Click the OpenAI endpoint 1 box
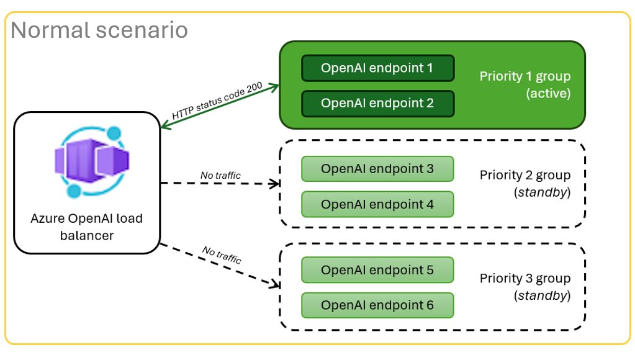pyautogui.click(x=377, y=68)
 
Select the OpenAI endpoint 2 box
pyautogui.click(x=377, y=104)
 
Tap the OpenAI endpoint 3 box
pyautogui.click(x=377, y=169)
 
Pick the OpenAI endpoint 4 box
pyautogui.click(x=377, y=204)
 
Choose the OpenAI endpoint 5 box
pyautogui.click(x=377, y=270)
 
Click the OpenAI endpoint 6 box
pyautogui.click(x=377, y=305)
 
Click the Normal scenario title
pyautogui.click(x=99, y=29)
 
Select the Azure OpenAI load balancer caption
pyautogui.click(x=86, y=227)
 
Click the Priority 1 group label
pyautogui.click(x=525, y=76)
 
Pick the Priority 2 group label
pyautogui.click(x=525, y=175)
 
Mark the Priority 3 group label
pyautogui.click(x=525, y=278)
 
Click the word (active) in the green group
pyautogui.click(x=547, y=94)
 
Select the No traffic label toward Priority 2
pyautogui.click(x=220, y=176)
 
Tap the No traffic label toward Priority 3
pyautogui.click(x=222, y=254)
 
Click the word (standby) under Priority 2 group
pyautogui.click(x=542, y=192)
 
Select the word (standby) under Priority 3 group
pyautogui.click(x=542, y=295)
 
